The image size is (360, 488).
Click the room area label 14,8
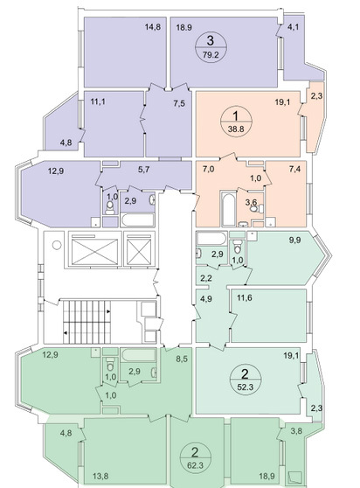153,27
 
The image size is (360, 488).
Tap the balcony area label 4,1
293,27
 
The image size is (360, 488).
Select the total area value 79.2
211,55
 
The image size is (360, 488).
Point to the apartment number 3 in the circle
211,40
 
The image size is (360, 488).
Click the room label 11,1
98,101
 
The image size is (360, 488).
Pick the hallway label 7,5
179,103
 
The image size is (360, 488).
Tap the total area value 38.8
236,128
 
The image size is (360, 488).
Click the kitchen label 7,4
294,169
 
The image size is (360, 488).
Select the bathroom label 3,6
251,202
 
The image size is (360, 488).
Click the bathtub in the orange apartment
228,208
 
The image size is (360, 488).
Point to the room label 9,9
295,240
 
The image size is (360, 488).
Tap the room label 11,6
245,298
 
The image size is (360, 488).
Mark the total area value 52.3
246,387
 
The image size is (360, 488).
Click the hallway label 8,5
180,359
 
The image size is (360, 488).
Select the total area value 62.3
195,466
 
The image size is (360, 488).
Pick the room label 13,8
100,476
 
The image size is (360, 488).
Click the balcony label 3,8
296,431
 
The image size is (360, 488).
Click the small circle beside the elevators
57,245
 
